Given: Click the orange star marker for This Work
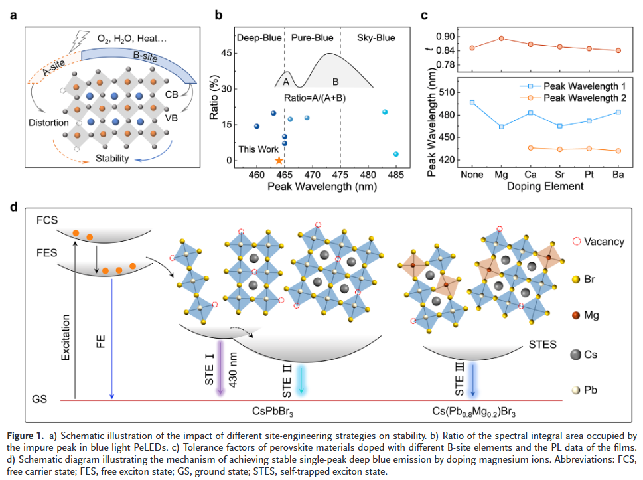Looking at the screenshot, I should (279, 161).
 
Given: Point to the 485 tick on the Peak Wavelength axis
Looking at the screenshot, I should (396, 174).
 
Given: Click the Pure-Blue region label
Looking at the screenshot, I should (312, 39).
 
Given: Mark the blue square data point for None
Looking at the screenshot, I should (472, 102).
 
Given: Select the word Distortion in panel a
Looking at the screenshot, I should (48, 123).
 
